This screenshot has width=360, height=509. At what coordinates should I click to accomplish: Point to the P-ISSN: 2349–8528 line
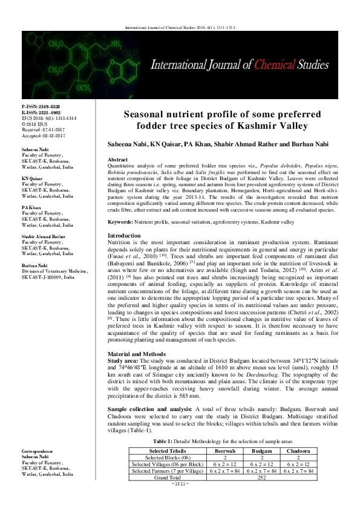coord(41,105)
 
